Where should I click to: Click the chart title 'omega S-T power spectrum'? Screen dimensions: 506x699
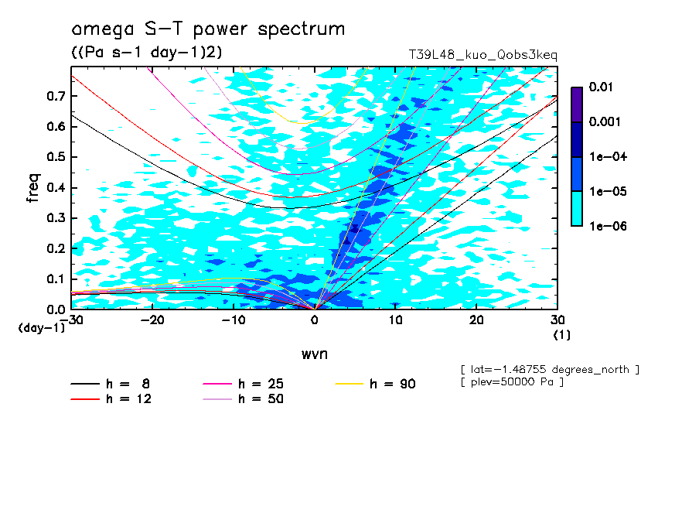(x=208, y=30)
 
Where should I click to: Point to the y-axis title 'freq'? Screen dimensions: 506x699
(x=33, y=188)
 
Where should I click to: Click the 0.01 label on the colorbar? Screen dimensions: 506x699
(x=600, y=87)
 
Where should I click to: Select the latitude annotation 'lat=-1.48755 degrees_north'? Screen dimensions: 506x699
(x=550, y=369)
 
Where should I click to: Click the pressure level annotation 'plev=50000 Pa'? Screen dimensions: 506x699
(x=511, y=383)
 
